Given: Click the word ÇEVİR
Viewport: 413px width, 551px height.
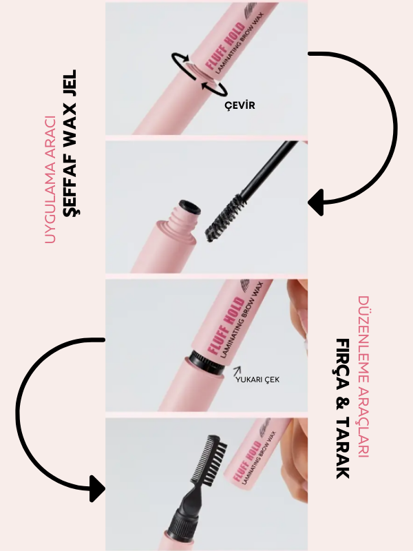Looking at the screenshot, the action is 240,105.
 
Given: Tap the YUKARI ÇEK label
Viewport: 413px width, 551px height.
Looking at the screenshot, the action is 257,380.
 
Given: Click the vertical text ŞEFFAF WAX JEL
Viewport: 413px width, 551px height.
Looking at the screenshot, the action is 70,143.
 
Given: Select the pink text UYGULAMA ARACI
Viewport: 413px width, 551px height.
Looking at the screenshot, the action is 50,180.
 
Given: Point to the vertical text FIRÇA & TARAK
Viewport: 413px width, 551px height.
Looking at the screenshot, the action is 343,408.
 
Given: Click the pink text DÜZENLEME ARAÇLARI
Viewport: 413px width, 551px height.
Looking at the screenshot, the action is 364,376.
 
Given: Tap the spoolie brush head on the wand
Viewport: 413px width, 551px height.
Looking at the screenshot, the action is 226,218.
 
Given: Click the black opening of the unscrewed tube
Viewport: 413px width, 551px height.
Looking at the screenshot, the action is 190,207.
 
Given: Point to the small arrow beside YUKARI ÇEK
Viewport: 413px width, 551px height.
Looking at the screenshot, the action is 237,371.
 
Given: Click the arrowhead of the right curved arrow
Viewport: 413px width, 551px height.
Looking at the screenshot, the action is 316,202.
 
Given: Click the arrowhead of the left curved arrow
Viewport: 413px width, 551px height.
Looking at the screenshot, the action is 97,488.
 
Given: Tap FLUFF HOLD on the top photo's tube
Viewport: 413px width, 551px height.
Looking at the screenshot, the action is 225,45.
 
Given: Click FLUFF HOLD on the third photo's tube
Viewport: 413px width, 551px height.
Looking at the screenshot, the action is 225,325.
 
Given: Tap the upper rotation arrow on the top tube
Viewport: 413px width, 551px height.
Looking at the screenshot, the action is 181,60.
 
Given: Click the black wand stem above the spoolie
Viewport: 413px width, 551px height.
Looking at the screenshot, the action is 268,168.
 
